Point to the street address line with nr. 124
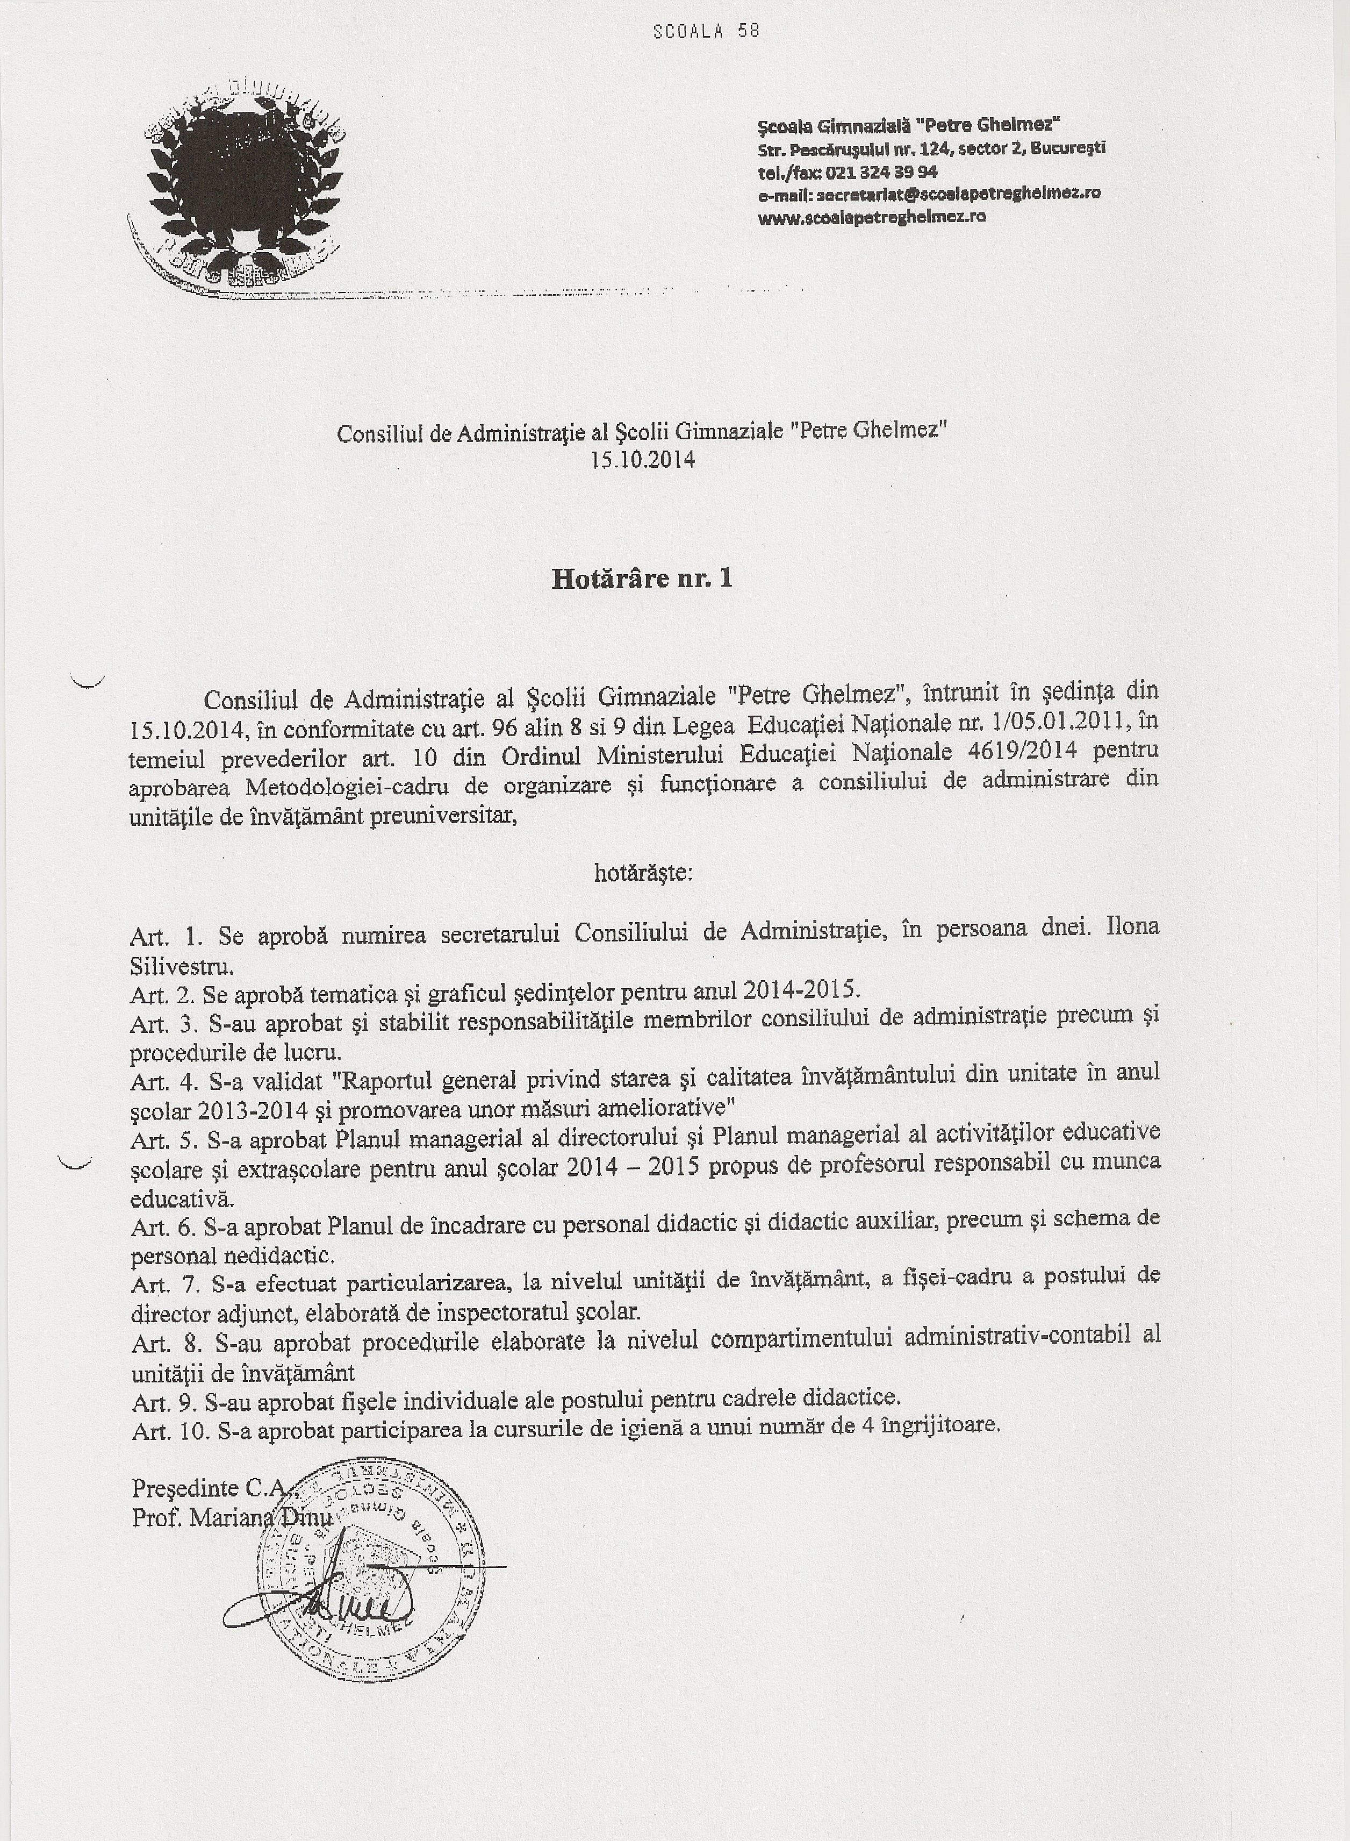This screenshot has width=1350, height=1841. (931, 149)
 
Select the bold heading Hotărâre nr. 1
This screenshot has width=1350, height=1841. (642, 579)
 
